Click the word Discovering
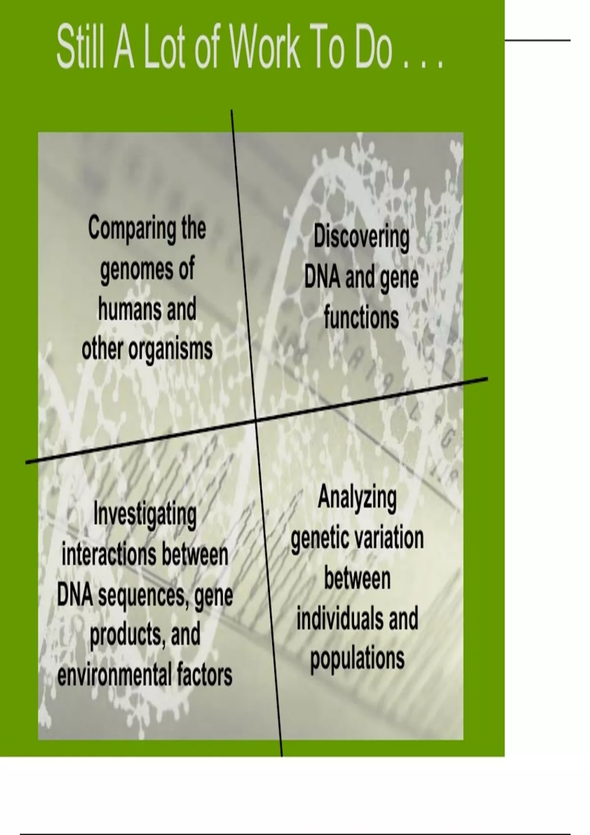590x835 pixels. click(x=361, y=239)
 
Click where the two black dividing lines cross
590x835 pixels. click(x=256, y=420)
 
